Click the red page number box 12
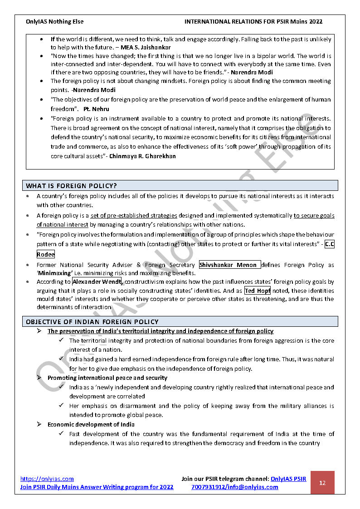(x=322, y=483)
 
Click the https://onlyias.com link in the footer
(x=47, y=479)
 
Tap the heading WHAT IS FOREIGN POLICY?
(x=72, y=186)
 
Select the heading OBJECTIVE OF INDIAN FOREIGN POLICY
(x=92, y=322)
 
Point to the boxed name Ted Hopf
(x=257, y=291)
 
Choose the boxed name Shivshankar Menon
(x=229, y=265)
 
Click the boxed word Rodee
(x=45, y=254)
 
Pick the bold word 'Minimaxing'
(x=55, y=273)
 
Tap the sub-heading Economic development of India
(x=91, y=425)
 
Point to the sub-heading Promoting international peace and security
(x=107, y=378)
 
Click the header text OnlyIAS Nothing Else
(x=55, y=21)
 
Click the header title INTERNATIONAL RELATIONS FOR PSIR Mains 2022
(x=253, y=21)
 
